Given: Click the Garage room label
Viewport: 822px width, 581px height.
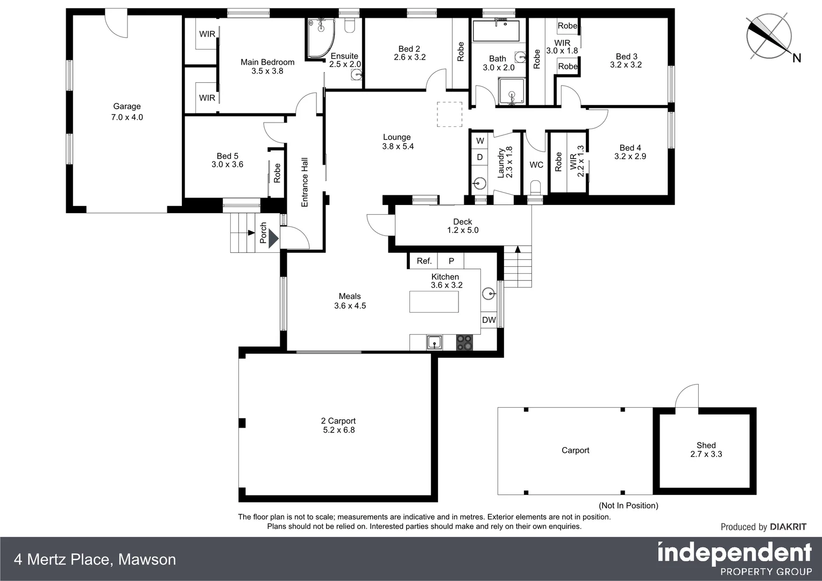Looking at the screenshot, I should [127, 107].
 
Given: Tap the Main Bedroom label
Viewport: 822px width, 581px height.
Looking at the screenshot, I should [267, 62].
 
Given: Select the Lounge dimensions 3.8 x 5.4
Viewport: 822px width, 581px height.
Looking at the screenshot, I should [398, 146].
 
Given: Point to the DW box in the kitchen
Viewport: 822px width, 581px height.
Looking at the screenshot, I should [488, 320].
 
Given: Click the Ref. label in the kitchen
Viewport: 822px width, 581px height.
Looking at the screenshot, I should [424, 261].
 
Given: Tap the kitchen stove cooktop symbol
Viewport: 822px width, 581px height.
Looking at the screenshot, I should [464, 342].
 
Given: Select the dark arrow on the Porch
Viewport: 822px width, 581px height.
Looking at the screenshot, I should [273, 237].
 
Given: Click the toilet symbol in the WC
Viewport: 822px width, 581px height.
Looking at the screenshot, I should [535, 188].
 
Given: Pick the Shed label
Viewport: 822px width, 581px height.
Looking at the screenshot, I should [706, 445].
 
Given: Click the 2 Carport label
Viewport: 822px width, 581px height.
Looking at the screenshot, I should [338, 421].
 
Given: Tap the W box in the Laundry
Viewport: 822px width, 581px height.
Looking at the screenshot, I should [480, 141].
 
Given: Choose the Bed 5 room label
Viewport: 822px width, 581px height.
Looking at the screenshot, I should [228, 156].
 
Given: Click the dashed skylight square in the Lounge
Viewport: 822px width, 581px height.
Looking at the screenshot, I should [449, 115].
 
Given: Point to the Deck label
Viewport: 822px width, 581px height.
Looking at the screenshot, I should [463, 222].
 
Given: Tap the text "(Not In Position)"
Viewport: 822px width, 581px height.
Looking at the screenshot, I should [628, 506].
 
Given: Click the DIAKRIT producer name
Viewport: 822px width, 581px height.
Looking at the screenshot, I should [788, 527].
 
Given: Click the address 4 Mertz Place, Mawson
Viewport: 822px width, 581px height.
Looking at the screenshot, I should [95, 559].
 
